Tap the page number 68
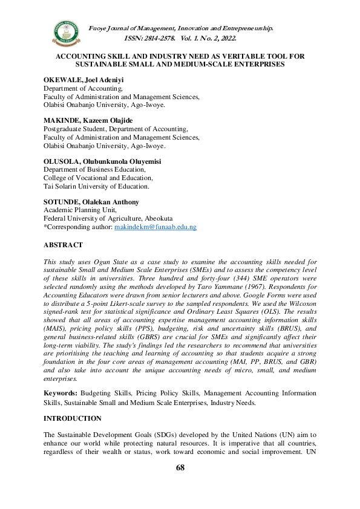point(180,467)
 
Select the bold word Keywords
point(61,392)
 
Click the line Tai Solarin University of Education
point(94,186)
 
